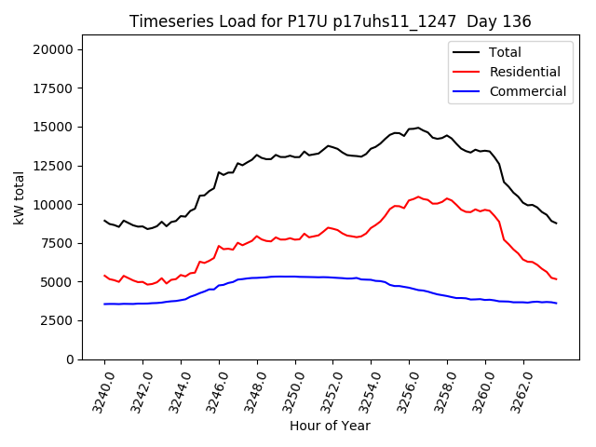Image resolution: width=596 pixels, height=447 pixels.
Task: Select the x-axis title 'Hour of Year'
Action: click(330, 426)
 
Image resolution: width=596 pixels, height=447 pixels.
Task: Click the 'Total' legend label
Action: click(506, 52)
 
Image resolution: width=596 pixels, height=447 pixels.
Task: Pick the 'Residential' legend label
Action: click(525, 72)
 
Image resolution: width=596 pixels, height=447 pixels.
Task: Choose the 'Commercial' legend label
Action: click(528, 91)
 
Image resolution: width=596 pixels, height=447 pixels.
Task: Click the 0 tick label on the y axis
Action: click(71, 359)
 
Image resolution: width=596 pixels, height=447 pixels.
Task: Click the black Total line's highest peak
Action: click(418, 128)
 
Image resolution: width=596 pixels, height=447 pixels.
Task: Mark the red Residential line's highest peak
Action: click(418, 196)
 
